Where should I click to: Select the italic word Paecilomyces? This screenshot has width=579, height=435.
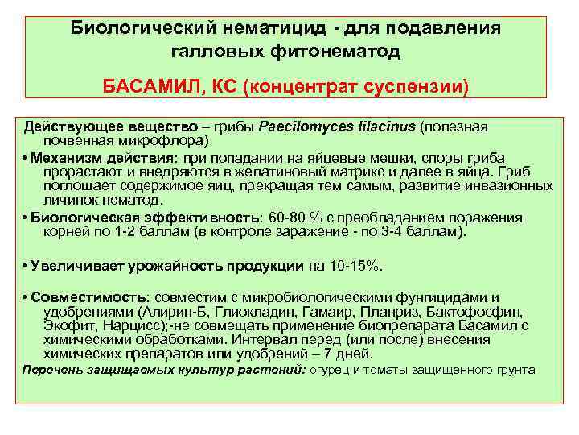click(302, 127)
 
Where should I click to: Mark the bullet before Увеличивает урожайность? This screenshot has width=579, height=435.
click(27, 267)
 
